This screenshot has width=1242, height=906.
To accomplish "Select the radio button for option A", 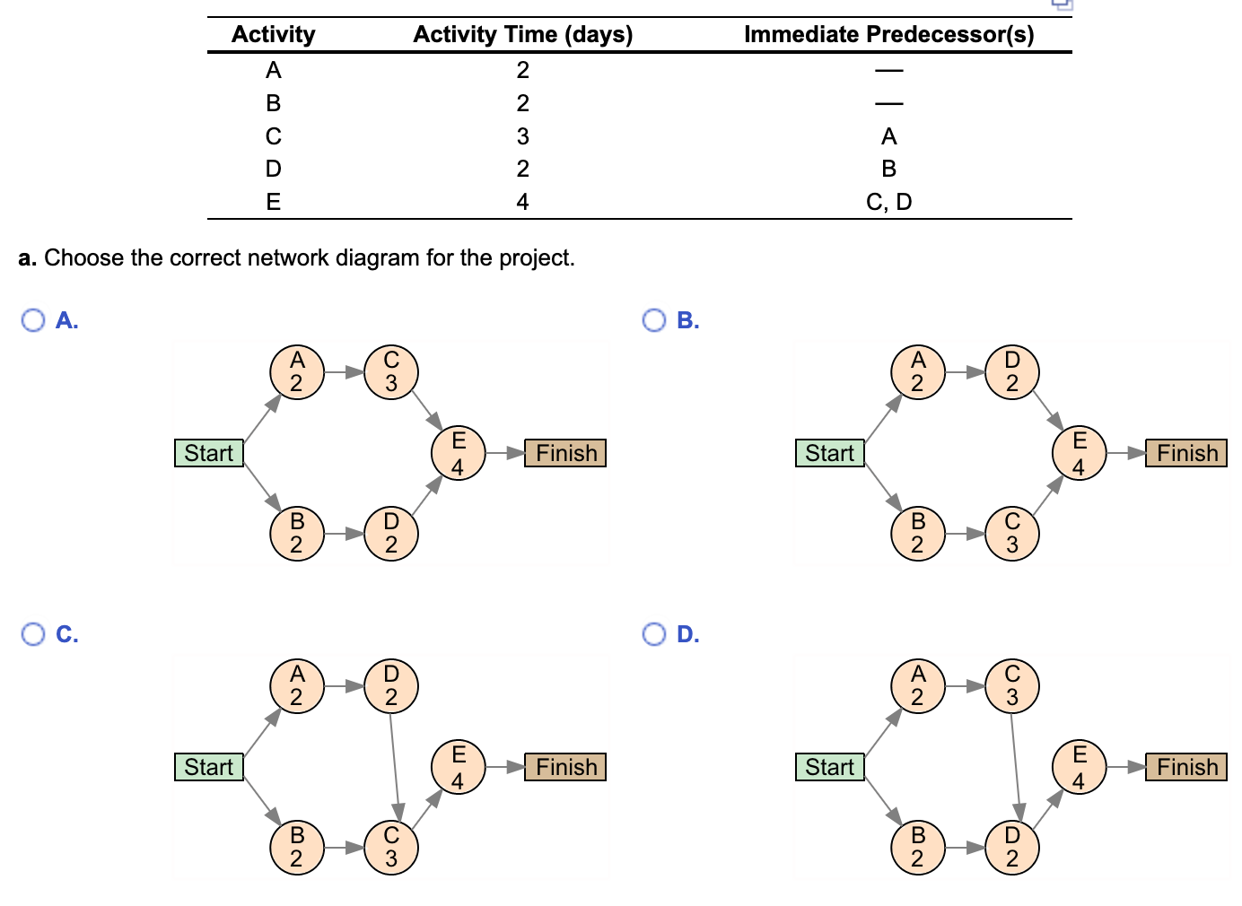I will coord(33,320).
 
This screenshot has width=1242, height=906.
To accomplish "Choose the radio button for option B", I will coord(654,320).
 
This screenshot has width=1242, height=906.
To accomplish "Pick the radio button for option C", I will coord(33,634).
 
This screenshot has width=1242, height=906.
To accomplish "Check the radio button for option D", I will coord(654,634).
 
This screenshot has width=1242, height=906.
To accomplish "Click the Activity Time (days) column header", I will coord(522,35).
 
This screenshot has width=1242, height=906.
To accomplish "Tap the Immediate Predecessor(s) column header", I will coord(888,35).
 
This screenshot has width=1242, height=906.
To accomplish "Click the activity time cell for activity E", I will coord(522,202).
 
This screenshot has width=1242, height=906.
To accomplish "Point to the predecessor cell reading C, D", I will coord(888,202).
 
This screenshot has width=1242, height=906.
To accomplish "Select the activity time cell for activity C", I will coord(522,136).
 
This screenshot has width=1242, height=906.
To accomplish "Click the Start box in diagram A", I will coord(209,453).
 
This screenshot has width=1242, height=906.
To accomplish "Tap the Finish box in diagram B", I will coord(1186,453).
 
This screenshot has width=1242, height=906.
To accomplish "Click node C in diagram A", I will coord(391,371).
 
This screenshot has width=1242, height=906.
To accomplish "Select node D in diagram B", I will coord(1012,371).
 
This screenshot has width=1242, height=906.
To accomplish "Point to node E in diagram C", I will coord(458,767).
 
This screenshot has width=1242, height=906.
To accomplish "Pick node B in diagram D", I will coord(917,847).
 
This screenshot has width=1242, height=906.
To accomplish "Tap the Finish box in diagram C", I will coord(565,767).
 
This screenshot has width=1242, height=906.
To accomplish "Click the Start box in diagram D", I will coord(830,767).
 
